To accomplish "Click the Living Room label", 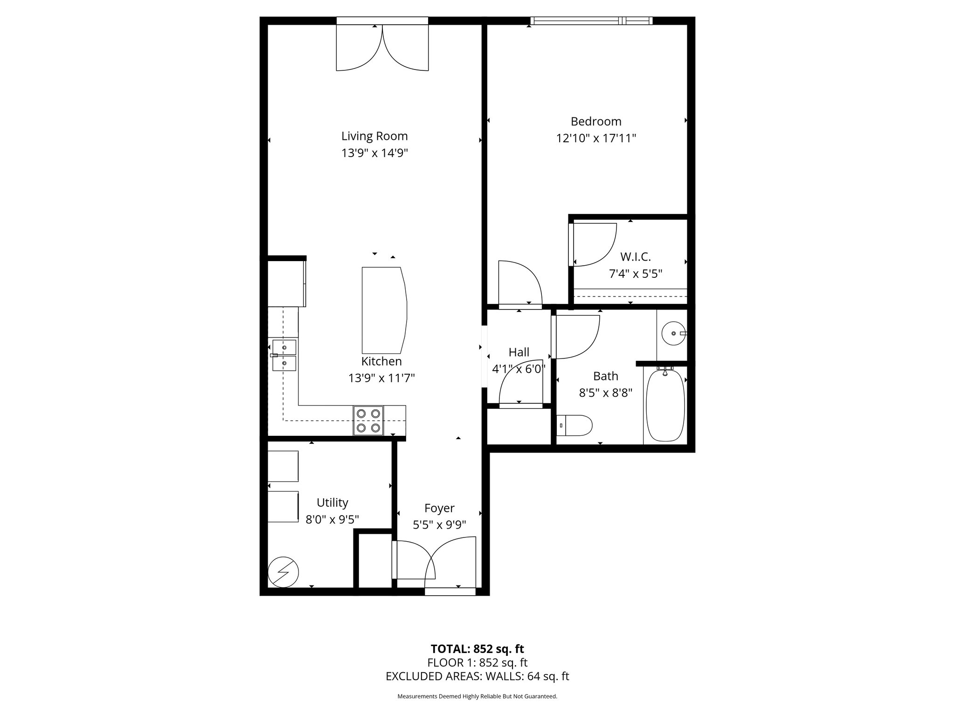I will pos(374,136).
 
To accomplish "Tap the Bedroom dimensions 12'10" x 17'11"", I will pos(596,138).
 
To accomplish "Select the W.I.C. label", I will pos(635,256).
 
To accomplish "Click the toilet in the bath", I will pos(575,425).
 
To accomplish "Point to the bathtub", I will pos(665,404).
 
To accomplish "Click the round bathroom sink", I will pos(673,333).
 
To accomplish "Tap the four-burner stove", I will pos(368,420).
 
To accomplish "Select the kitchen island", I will pos(383,310).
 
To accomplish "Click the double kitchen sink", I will pos(284,355).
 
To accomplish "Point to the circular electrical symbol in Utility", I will pos(283,572).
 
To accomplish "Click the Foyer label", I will pos(439,508).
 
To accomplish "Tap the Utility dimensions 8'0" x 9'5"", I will pos(332,519).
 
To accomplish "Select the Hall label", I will pos(519,352).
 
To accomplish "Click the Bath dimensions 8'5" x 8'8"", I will pos(605,393).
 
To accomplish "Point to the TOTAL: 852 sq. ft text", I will pos(477,649).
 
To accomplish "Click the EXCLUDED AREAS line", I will pos(477,676).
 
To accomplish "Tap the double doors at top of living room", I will pos(382,47).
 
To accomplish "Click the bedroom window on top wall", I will pos(591,21).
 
